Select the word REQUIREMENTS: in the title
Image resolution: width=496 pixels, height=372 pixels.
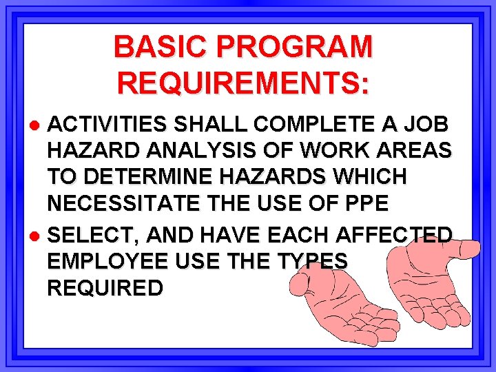point(243,83)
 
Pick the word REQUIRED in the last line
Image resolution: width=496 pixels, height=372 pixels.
point(105,288)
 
